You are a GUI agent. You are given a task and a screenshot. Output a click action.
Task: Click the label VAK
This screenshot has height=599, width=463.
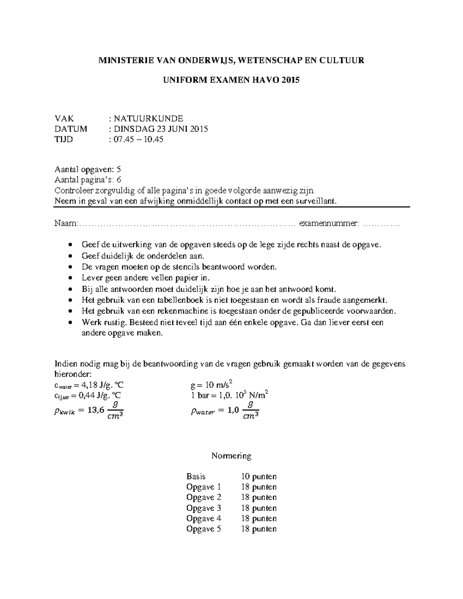pos(64,118)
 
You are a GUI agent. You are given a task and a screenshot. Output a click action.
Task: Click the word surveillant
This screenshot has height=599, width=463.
pos(318,201)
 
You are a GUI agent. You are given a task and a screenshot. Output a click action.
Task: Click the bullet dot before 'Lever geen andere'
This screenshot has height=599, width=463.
pos(70,278)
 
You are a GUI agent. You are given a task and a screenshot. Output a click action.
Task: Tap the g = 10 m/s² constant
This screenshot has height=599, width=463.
pos(211,385)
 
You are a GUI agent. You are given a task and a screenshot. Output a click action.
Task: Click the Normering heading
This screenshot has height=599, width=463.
pos(231,456)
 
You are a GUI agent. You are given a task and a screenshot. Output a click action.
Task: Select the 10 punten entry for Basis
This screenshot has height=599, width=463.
pos(259,476)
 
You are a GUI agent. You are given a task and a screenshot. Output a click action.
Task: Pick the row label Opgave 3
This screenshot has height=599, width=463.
pos(203,508)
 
